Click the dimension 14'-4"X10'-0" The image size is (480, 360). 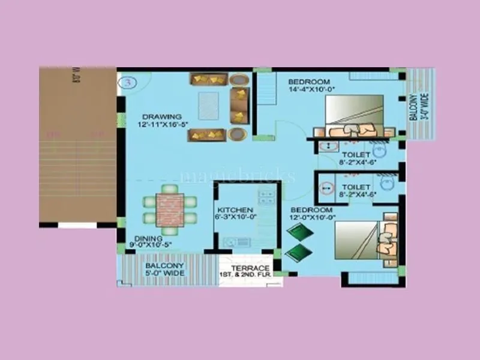(311, 89)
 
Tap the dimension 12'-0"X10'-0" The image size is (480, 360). (312, 218)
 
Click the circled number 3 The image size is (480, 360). (127, 82)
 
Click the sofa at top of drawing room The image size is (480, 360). (208, 80)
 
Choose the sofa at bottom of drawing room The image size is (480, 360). (207, 135)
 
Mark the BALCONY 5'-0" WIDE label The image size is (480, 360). (165, 269)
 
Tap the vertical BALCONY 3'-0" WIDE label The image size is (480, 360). (414, 107)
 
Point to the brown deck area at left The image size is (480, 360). (78, 144)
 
